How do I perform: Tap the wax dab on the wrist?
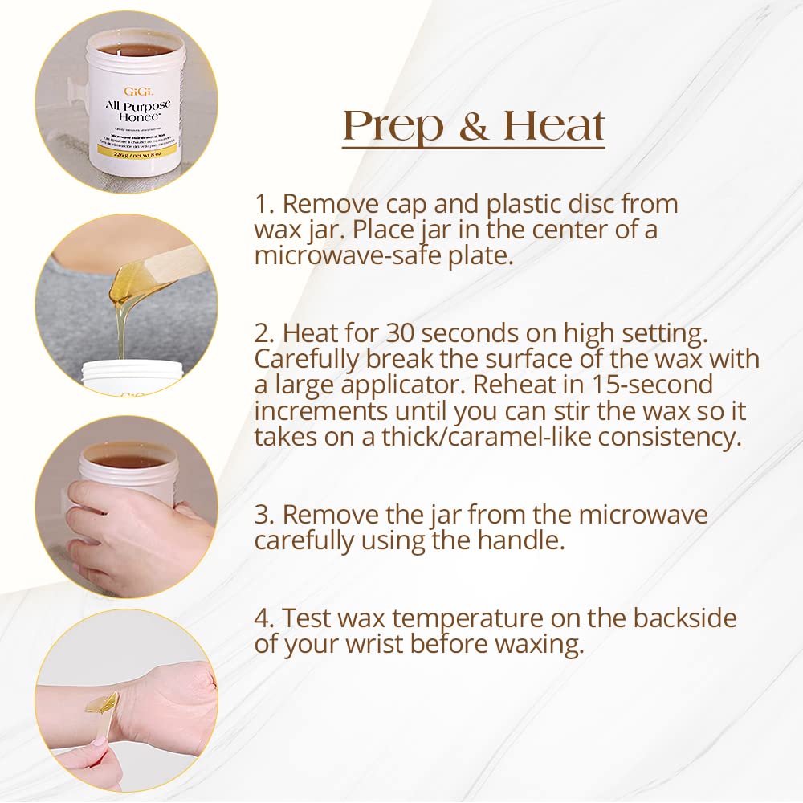[102, 704]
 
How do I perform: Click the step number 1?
[263, 204]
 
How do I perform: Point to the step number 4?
[264, 618]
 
